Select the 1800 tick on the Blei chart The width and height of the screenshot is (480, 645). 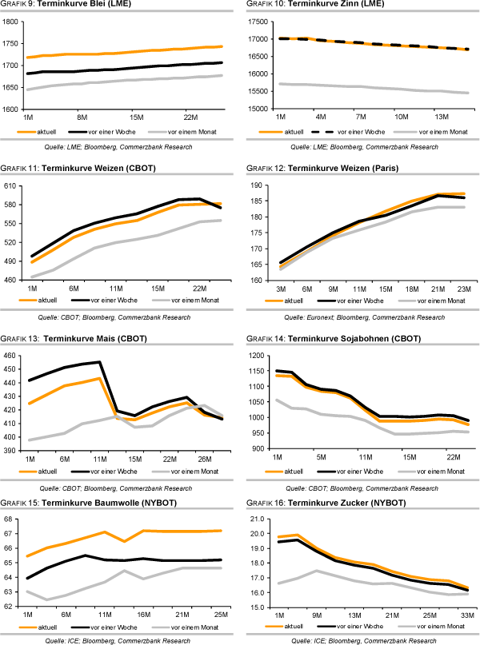click(14, 22)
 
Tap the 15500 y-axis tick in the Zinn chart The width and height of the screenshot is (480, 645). click(258, 93)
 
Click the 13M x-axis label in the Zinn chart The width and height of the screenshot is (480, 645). click(442, 117)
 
